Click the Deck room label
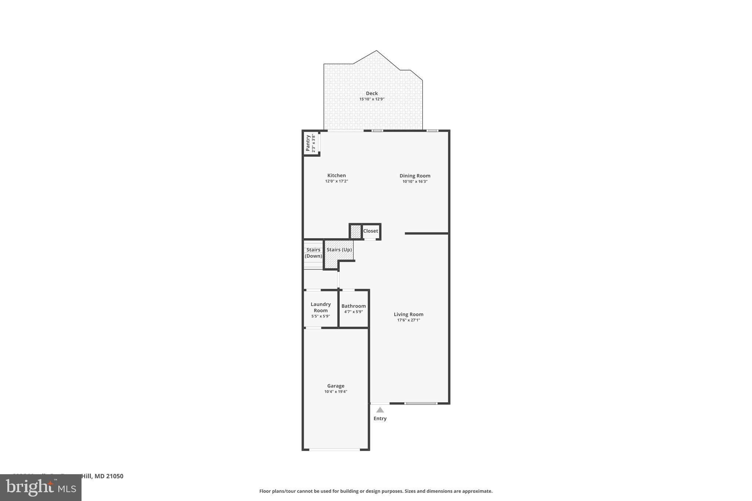coord(372,93)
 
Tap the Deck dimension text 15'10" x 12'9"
coord(372,99)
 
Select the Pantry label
coord(308,143)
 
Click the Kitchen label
coord(336,175)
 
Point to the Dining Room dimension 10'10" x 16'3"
coord(415,181)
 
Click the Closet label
coord(370,231)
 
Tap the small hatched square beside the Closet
coord(355,232)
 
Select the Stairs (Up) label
coord(339,250)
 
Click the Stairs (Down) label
coord(313,253)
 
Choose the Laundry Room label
coord(321,307)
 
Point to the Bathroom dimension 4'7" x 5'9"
coord(353,312)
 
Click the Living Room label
coord(408,314)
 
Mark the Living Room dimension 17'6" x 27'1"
coord(408,320)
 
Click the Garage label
coord(336,386)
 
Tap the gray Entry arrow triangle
coord(380,410)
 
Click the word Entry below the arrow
coord(380,418)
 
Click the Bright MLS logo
coord(40,487)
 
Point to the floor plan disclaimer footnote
coord(376,491)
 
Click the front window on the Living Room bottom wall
coord(421,403)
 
